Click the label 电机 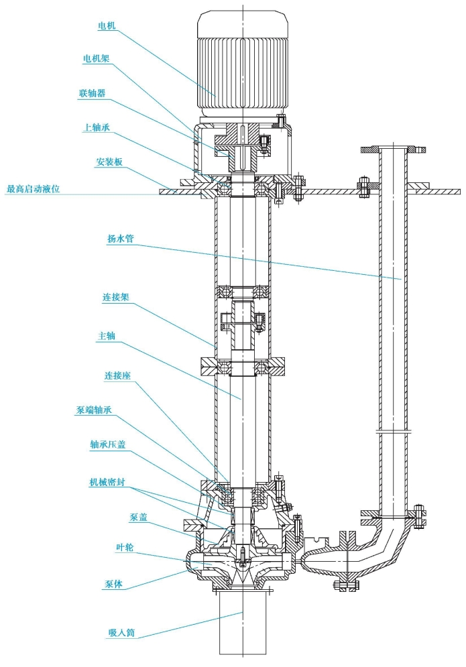[x=107, y=26]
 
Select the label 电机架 [x=96, y=58]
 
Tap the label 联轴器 [x=93, y=93]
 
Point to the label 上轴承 [x=96, y=127]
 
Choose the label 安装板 [x=109, y=162]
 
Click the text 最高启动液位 [x=33, y=188]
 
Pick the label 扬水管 [x=121, y=239]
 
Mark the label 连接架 [x=115, y=297]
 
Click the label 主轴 [x=107, y=336]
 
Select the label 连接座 [x=117, y=375]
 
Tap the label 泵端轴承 [x=94, y=410]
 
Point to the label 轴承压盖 [x=108, y=444]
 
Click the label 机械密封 [x=107, y=483]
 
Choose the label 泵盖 [x=138, y=518]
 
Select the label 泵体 [x=113, y=584]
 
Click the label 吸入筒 [x=121, y=633]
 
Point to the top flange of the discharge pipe [x=393, y=149]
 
